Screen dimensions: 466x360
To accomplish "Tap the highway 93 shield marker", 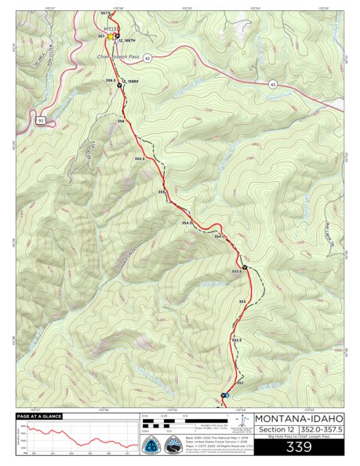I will click(40, 120).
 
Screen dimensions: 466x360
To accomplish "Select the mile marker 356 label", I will click(121, 121).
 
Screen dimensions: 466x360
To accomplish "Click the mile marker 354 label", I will click(219, 235).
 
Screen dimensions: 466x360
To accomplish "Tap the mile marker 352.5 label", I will click(237, 340).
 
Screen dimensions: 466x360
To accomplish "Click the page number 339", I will click(299, 447).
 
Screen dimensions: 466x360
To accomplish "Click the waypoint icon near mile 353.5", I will click(245, 268).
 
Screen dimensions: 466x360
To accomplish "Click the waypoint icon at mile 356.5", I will click(120, 86).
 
